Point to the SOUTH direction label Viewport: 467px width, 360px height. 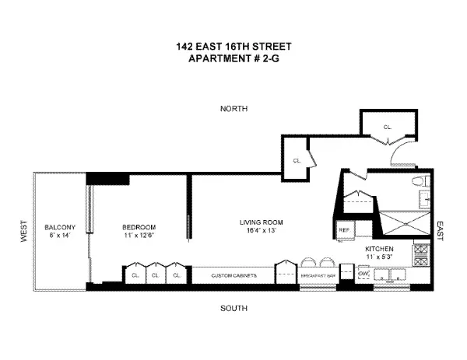click(233, 309)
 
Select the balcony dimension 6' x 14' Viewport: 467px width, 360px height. click(60, 235)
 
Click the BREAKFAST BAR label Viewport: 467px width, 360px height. click(320, 275)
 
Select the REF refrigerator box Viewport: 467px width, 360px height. click(343, 230)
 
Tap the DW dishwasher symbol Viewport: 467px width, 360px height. click(363, 274)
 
